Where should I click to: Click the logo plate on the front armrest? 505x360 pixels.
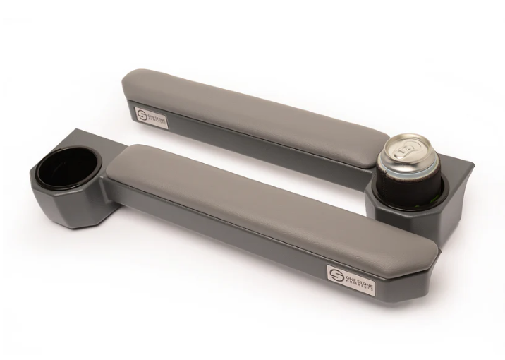click(x=344, y=275)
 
